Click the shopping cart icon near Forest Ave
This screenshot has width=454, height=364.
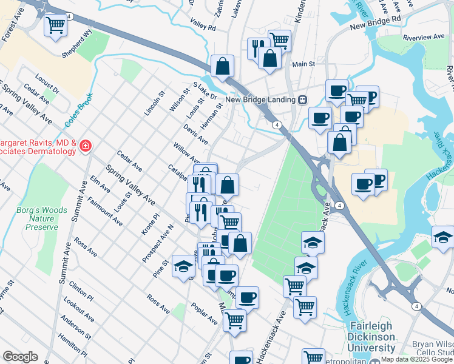56,25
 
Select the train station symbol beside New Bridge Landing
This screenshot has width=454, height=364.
302,99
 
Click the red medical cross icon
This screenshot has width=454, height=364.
86,146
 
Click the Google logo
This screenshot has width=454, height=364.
20,357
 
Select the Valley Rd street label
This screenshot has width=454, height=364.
203,27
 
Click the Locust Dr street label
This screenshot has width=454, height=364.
48,85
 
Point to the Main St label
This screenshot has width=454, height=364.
303,63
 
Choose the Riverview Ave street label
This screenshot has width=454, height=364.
424,37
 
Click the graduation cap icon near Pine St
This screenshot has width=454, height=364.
183,266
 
